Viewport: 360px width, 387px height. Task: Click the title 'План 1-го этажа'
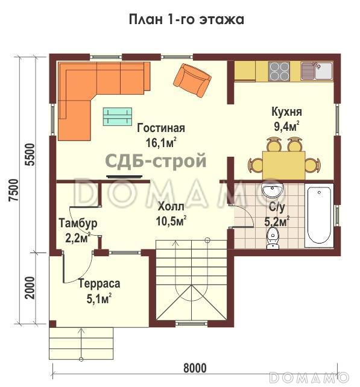pos(186,19)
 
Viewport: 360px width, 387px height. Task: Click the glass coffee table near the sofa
pos(117,116)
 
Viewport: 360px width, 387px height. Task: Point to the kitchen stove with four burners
pos(278,71)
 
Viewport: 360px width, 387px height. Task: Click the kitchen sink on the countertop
pos(317,71)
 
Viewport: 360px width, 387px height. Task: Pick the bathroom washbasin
pos(273,192)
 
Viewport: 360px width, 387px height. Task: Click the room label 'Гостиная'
pos(160,128)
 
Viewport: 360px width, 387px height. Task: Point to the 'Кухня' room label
pos(286,112)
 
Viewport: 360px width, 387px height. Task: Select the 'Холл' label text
pos(171,204)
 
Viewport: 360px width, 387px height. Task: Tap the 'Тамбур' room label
pos(78,224)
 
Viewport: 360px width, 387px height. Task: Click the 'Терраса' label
pos(99,283)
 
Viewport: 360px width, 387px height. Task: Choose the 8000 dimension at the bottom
pos(194,368)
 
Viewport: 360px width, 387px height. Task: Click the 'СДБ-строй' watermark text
pos(156,161)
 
